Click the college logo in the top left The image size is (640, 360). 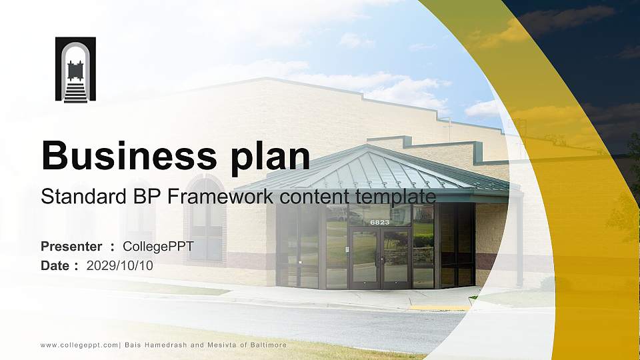pyautogui.click(x=75, y=69)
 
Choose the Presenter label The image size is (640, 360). pyautogui.click(x=71, y=247)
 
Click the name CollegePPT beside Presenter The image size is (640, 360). pyautogui.click(x=159, y=247)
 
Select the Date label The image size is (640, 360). pyautogui.click(x=55, y=265)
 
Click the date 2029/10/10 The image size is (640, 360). pyautogui.click(x=120, y=265)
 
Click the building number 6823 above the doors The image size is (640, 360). pyautogui.click(x=380, y=222)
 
